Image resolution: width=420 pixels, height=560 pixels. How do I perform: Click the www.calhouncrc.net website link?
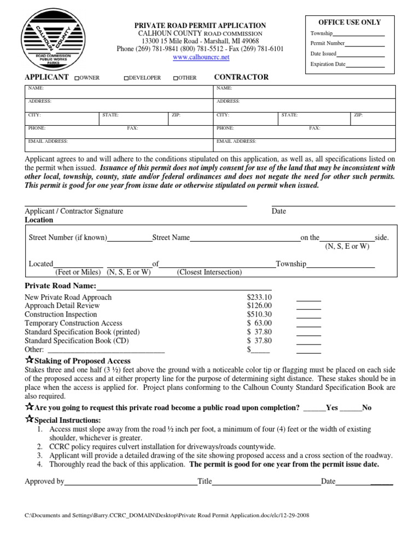coord(201,57)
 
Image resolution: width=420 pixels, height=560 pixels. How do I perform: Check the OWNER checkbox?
coord(78,78)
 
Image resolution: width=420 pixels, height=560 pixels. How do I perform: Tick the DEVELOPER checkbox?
coord(126,78)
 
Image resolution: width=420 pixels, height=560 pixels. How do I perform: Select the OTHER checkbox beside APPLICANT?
coord(176,78)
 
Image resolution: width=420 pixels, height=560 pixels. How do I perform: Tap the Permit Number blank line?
coord(365,44)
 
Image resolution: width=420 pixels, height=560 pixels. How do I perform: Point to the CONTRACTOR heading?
coord(241,77)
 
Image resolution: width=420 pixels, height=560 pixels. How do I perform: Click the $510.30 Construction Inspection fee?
coord(259,314)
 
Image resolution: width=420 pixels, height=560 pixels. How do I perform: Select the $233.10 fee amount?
coord(259,297)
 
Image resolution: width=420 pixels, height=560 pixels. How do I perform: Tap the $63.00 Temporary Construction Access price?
coord(259,323)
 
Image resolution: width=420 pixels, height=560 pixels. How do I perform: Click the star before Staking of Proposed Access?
coord(29,360)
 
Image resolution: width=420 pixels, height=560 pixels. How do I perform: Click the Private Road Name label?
coord(60,286)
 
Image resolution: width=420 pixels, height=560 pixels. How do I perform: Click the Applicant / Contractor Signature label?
coord(74,211)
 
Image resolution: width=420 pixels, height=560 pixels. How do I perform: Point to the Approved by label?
coord(44,482)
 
